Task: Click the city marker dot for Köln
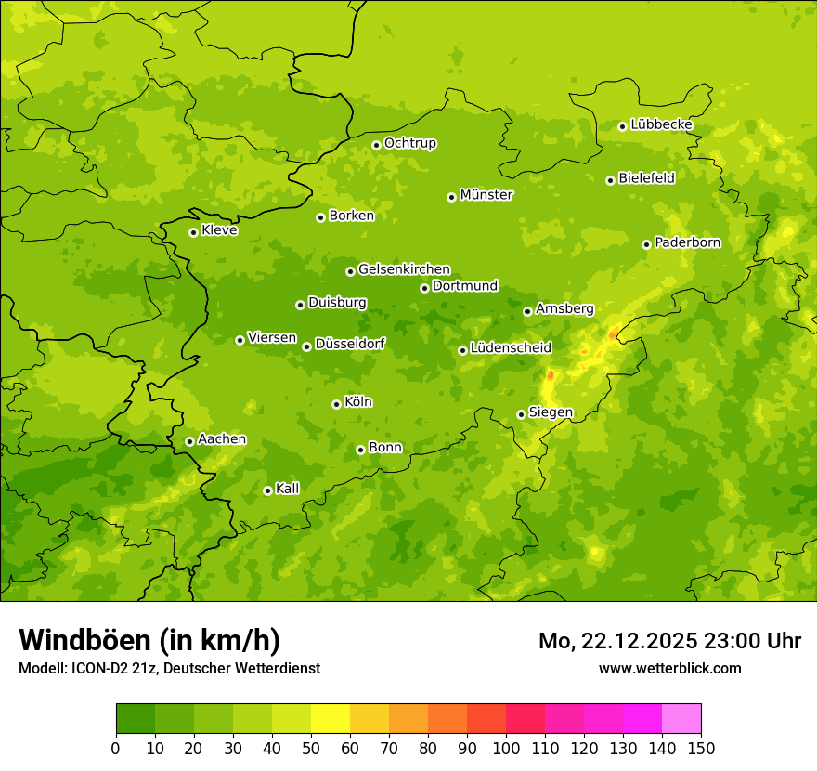tap(336, 404)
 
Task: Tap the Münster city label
tap(486, 195)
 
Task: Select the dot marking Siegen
tap(521, 414)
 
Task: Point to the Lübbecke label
tap(661, 124)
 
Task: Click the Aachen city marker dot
tap(189, 441)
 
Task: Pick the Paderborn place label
tap(687, 242)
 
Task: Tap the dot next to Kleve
tap(193, 232)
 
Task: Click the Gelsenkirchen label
tap(404, 269)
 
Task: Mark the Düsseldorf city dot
tap(306, 346)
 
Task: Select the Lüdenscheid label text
tap(511, 348)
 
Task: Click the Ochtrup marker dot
tap(376, 145)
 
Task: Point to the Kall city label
tap(287, 489)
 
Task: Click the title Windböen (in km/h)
tap(149, 640)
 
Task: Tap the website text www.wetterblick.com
tap(669, 668)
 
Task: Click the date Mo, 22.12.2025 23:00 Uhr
tap(669, 641)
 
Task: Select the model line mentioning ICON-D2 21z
tap(169, 668)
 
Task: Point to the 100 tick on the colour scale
tap(506, 748)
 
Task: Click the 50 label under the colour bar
tap(311, 748)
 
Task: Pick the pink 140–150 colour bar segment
tap(681, 719)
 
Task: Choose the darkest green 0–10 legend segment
tap(136, 719)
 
